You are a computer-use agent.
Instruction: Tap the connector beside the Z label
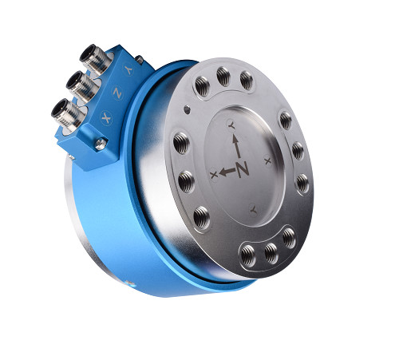click(81, 85)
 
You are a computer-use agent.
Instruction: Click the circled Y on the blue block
click(128, 69)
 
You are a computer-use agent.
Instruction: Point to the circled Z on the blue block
click(117, 93)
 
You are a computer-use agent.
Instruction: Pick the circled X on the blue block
click(106, 117)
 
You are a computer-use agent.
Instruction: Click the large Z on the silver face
click(243, 169)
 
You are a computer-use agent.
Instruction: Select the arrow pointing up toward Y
click(236, 146)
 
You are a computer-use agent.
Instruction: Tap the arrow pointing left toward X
click(227, 171)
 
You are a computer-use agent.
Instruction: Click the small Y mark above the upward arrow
click(231, 125)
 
